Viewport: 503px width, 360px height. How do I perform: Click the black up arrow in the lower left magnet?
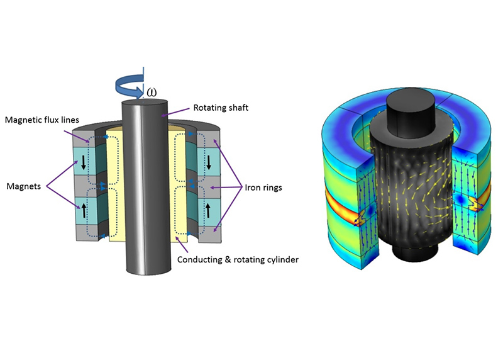[82, 208]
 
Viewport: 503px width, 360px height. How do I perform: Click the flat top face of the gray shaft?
[143, 104]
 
